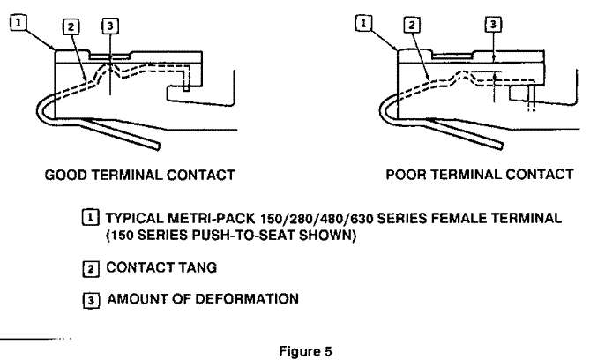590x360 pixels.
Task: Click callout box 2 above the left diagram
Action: [75, 26]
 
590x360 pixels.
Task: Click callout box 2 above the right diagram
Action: [409, 26]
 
